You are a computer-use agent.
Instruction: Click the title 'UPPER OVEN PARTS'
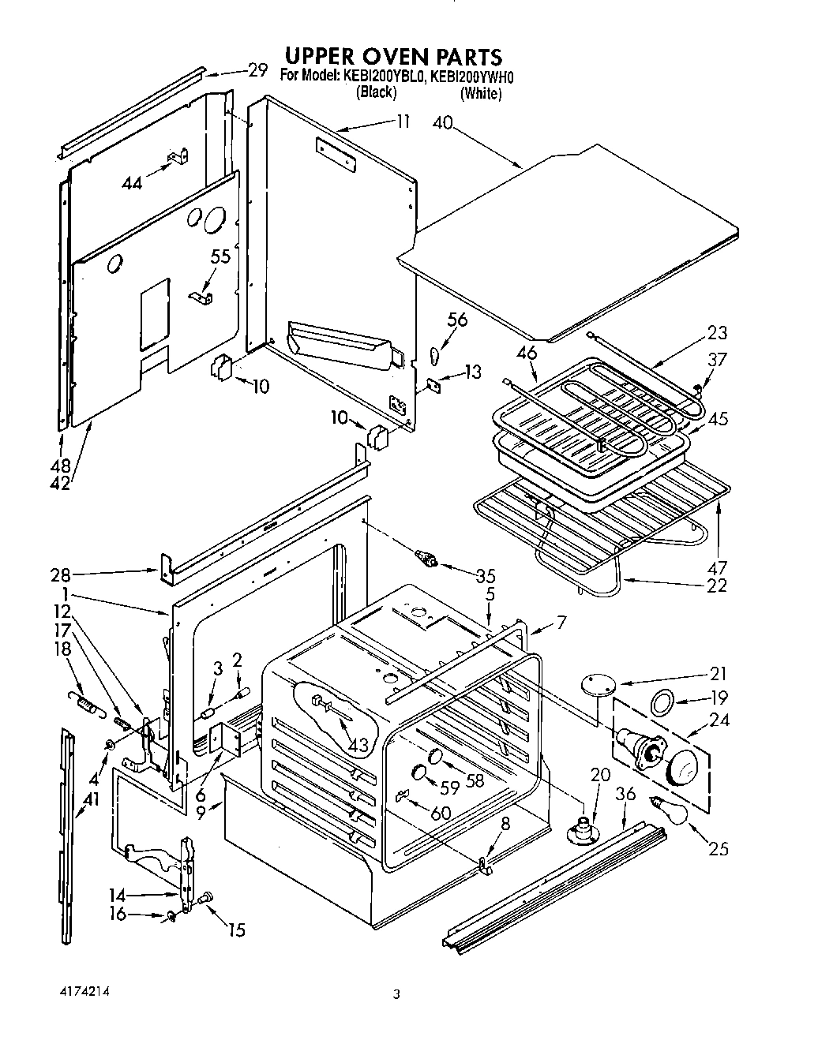click(392, 57)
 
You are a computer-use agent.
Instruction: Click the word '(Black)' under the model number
click(376, 92)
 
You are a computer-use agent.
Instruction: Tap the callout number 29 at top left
click(257, 70)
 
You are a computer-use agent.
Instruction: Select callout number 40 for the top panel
click(444, 122)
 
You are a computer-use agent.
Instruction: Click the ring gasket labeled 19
click(662, 698)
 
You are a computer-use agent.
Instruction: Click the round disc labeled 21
click(598, 686)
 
